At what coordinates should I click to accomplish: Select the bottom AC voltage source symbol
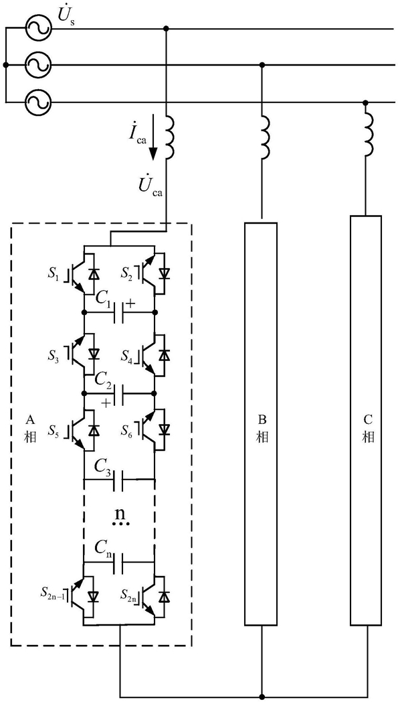coord(37,102)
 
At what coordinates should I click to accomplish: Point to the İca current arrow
coord(153,137)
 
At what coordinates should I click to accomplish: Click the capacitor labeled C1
coord(119,311)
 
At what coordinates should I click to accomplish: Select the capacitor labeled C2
coord(119,393)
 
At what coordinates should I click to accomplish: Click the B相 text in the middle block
coord(262,429)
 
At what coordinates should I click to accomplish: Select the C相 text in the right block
coord(368,429)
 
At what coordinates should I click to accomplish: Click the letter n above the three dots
coord(119,510)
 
